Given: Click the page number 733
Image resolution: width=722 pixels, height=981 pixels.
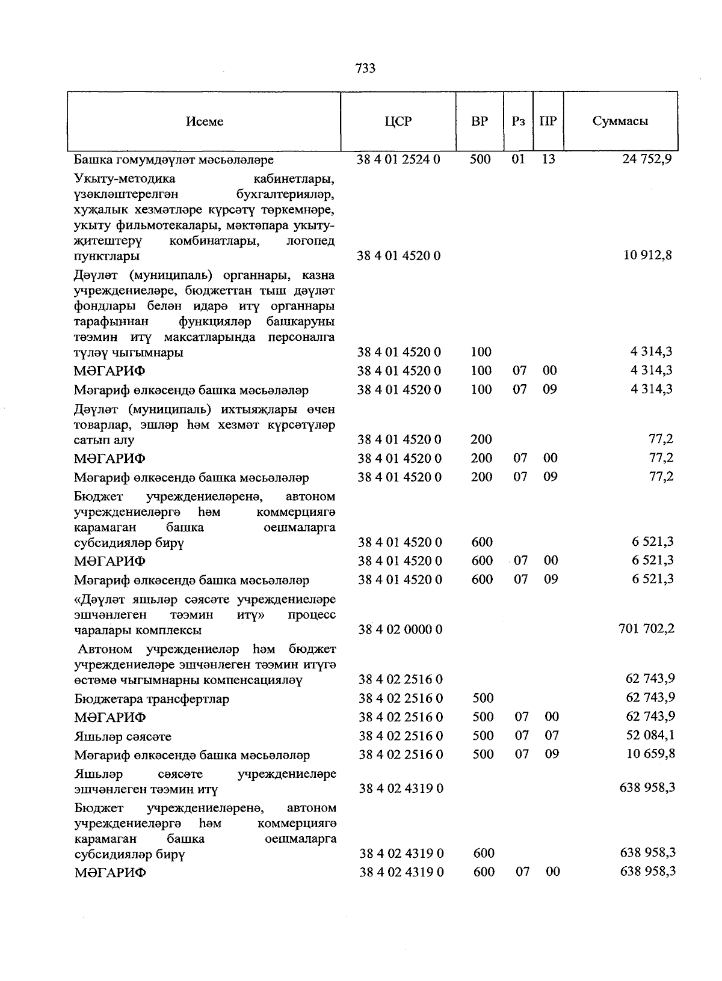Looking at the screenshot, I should pyautogui.click(x=365, y=69).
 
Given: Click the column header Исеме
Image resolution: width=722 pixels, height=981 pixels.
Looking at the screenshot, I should pyautogui.click(x=205, y=121).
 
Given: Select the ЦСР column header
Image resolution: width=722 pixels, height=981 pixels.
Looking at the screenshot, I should pyautogui.click(x=398, y=121).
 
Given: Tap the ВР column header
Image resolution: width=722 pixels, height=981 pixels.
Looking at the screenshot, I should pyautogui.click(x=480, y=121).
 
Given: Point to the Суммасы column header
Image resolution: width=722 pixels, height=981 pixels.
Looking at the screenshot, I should pyautogui.click(x=620, y=121).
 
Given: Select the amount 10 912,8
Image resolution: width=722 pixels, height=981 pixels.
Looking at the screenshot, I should pyautogui.click(x=648, y=255).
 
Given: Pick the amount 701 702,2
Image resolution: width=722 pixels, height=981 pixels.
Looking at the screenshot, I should pyautogui.click(x=646, y=629).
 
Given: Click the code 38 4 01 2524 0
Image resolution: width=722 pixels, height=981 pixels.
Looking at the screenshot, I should pyautogui.click(x=399, y=159).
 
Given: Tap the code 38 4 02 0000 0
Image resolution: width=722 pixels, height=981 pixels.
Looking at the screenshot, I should pyautogui.click(x=400, y=629).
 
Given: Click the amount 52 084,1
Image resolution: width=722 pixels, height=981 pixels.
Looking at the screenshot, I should pyautogui.click(x=650, y=735).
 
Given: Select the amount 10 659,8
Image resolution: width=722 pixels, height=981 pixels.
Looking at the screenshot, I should pyautogui.click(x=650, y=754).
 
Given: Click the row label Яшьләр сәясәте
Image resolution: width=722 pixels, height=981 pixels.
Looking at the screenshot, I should pyautogui.click(x=123, y=736).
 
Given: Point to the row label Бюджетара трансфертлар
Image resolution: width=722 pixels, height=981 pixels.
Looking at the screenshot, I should pyautogui.click(x=152, y=699).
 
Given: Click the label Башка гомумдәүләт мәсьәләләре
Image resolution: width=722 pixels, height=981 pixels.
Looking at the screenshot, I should pyautogui.click(x=174, y=160).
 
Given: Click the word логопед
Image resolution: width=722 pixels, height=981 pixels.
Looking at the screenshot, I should pyautogui.click(x=311, y=241).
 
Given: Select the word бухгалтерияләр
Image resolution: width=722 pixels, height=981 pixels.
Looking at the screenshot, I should pyautogui.click(x=283, y=194).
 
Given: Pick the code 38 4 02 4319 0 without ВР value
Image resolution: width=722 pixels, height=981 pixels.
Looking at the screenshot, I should pyautogui.click(x=401, y=788).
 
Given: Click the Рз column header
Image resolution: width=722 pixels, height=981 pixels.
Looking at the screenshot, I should pyautogui.click(x=518, y=121).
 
